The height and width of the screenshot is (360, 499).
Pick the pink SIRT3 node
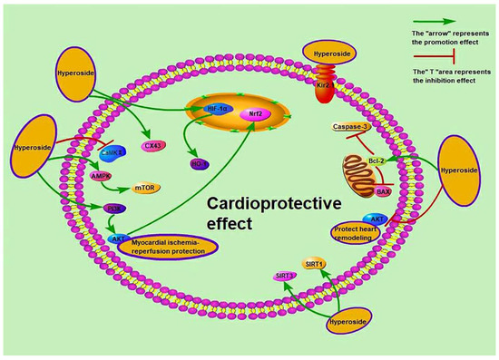tap(288, 274)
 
